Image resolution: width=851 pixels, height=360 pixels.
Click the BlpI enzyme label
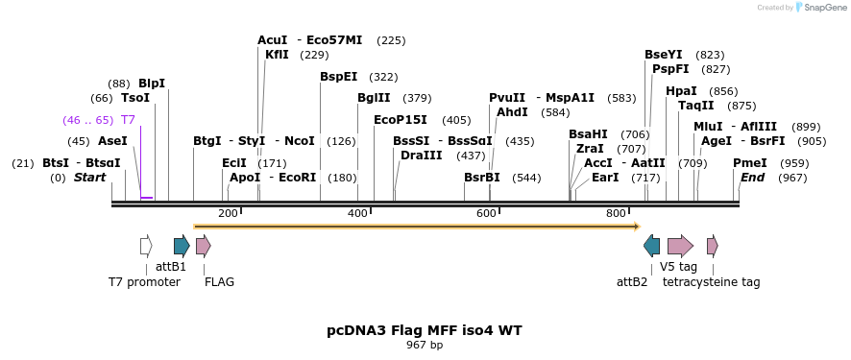tap(152, 84)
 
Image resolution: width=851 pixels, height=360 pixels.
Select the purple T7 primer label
tap(128, 120)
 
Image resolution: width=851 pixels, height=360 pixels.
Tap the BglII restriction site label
tap(374, 98)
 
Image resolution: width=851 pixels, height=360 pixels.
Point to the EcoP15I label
tap(401, 120)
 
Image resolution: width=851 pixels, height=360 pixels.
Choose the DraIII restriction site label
tap(422, 155)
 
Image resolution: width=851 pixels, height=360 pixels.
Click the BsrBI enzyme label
tap(482, 178)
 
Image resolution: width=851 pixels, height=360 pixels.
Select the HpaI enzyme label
tap(681, 91)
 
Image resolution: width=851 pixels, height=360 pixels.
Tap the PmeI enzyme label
tap(750, 163)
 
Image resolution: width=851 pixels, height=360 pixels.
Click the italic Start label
tap(89, 178)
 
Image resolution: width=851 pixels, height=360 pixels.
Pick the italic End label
tap(752, 178)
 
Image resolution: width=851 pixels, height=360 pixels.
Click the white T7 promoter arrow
tap(146, 246)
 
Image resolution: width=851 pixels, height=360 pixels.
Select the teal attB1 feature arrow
tap(182, 246)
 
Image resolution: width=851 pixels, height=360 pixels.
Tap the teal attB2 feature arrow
tap(652, 246)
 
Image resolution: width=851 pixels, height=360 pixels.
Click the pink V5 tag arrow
tap(680, 246)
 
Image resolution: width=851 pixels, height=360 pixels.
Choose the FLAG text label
tap(219, 282)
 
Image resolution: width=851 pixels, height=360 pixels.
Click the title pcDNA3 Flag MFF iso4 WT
tap(425, 330)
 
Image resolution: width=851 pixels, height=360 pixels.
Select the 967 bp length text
tap(425, 345)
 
